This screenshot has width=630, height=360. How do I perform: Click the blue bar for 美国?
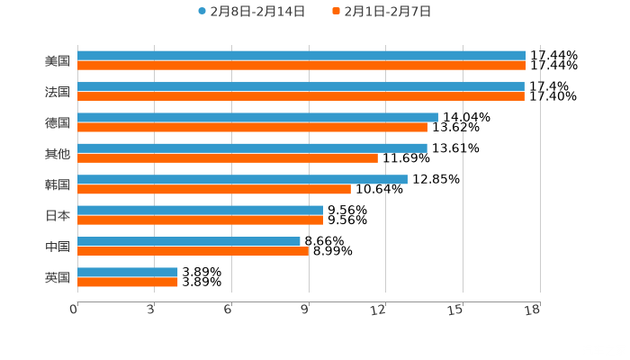tap(301, 56)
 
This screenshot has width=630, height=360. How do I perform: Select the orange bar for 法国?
tap(301, 96)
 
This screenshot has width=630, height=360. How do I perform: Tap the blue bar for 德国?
tap(257, 117)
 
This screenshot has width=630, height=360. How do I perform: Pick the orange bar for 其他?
tap(228, 157)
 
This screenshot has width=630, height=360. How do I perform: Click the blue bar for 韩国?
tap(242, 179)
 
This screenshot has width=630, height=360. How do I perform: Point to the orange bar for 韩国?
tap(214, 189)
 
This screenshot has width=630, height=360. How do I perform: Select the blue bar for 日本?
tap(200, 210)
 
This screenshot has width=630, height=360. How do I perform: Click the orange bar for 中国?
tap(193, 251)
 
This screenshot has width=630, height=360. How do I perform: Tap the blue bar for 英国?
tap(128, 272)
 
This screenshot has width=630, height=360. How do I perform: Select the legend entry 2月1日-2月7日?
tap(386, 12)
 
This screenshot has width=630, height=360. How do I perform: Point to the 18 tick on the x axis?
tap(533, 310)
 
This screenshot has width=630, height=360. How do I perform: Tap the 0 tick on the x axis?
tap(74, 310)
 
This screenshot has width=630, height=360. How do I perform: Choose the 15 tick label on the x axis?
tap(455, 310)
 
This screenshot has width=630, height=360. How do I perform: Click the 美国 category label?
tap(57, 61)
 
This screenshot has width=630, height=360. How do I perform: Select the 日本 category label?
tap(57, 215)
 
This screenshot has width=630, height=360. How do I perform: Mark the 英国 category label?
tap(57, 277)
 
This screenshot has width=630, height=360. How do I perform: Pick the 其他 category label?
tap(57, 154)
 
